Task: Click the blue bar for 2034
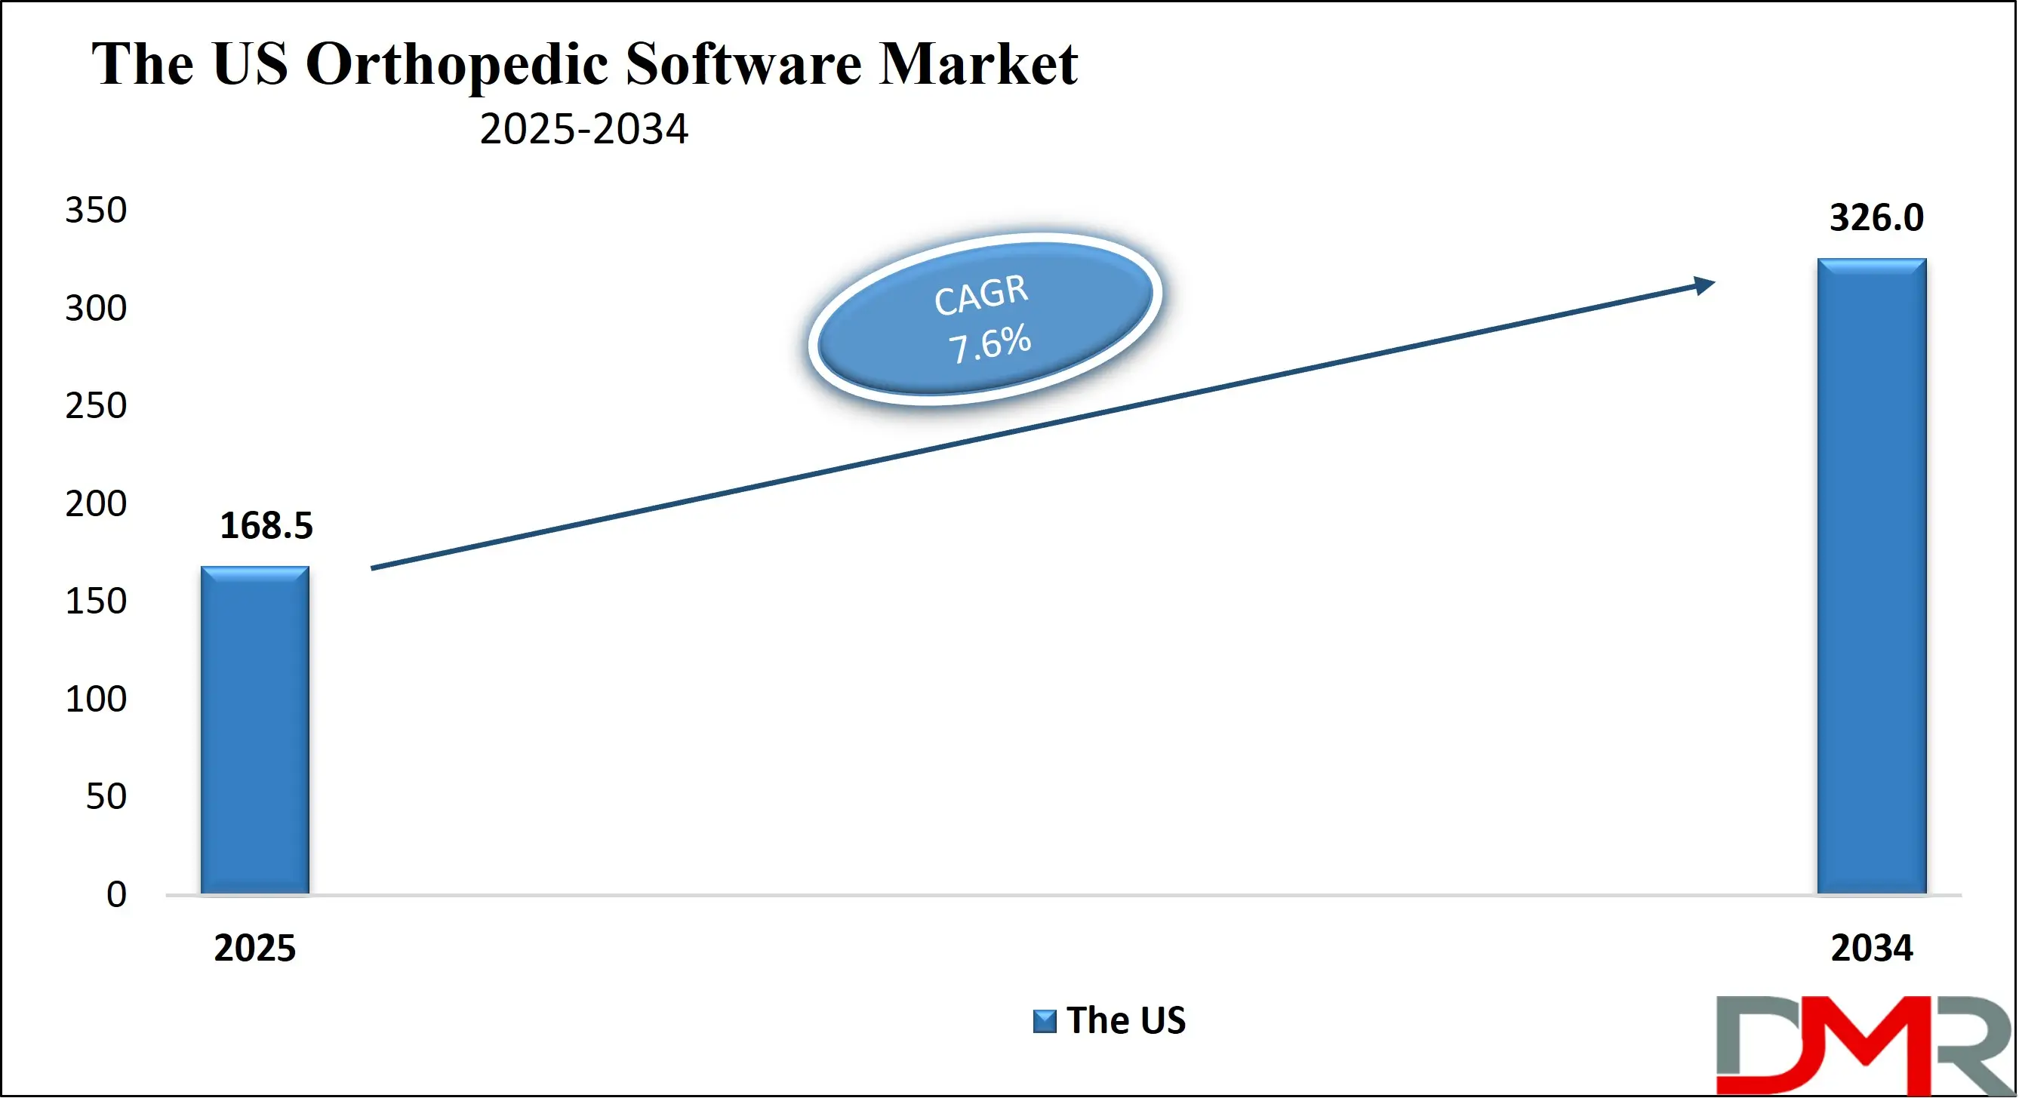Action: point(1871,577)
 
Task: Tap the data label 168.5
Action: point(266,526)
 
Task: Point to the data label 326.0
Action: point(1876,218)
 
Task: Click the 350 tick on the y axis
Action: point(96,211)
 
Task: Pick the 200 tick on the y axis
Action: point(96,504)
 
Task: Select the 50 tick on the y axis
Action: point(106,797)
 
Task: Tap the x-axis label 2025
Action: point(254,949)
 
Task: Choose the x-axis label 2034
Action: point(1871,949)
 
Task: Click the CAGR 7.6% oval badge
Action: point(984,319)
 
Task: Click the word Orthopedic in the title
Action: point(456,65)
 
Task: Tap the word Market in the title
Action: point(977,63)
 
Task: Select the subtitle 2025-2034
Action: point(584,129)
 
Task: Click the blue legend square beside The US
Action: point(1044,1021)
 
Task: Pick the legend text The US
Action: point(1125,1020)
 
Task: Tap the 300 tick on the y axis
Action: point(96,309)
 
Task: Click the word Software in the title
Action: point(743,63)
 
